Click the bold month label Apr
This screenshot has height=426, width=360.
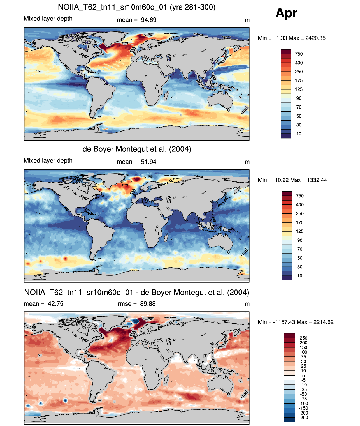pos(286,13)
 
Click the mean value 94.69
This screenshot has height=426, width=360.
pos(148,20)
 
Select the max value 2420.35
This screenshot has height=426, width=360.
pos(315,38)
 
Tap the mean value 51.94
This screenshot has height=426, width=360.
pos(148,162)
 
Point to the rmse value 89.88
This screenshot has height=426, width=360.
pos(148,304)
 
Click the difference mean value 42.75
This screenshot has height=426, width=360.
pos(55,304)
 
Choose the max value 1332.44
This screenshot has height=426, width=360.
pos(317,180)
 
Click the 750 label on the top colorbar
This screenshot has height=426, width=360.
pos(299,54)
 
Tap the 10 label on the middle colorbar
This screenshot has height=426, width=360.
pos(300,276)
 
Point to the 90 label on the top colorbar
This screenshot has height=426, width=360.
pos(299,98)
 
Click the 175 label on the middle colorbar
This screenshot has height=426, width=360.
pos(300,223)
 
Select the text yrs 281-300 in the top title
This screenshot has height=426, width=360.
pos(193,7)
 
